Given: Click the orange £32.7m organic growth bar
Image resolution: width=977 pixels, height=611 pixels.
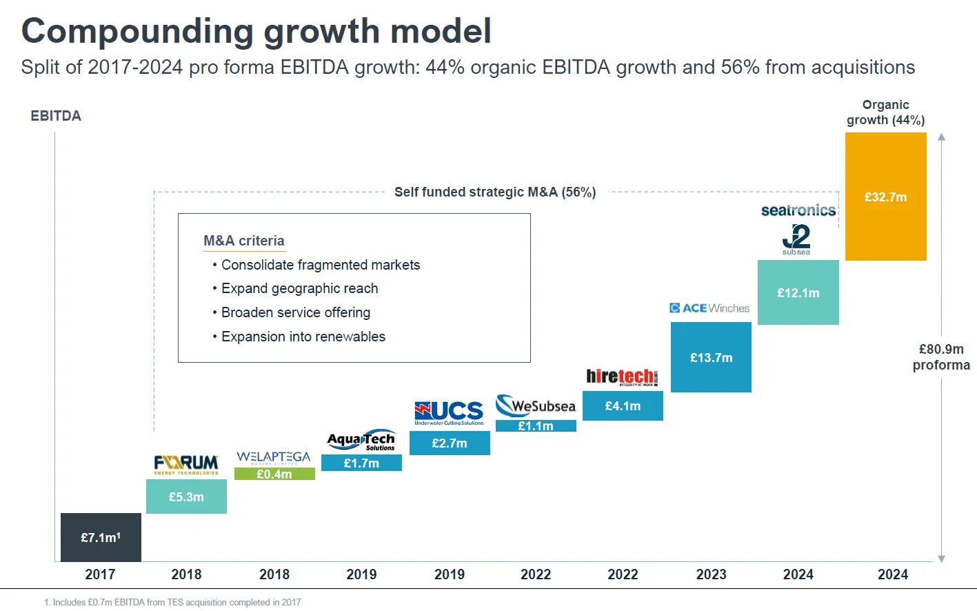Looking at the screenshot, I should tap(885, 197).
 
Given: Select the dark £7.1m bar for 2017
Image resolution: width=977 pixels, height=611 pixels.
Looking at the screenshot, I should tap(101, 537).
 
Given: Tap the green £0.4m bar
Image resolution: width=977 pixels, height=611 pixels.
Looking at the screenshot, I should tap(274, 474).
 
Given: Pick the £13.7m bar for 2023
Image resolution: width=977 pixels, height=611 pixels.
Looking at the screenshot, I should tap(711, 357).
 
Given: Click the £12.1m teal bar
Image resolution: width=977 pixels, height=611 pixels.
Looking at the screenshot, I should tap(798, 292).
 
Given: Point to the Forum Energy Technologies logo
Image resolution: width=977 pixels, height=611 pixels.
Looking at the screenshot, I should tap(186, 465).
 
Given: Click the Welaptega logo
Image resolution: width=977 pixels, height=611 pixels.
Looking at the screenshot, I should tap(274, 458).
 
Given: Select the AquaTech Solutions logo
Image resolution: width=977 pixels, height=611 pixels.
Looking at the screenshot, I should tap(361, 441).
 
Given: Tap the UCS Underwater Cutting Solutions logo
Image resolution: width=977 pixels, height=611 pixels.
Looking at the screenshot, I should tap(450, 412).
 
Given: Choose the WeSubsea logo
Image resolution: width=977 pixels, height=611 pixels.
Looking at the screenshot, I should tap(536, 405).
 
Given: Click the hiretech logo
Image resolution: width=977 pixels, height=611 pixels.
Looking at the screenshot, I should tap(622, 377).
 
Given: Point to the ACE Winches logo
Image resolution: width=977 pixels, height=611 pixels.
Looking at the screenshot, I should tap(709, 308).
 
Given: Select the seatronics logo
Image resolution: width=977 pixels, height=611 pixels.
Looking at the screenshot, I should tap(798, 210).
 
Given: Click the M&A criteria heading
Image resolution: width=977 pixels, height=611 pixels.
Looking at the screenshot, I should tap(244, 241).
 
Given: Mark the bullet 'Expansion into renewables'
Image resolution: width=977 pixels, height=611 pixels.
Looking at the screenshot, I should tap(303, 337).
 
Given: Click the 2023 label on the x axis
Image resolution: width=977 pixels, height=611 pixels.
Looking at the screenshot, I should tap(711, 574).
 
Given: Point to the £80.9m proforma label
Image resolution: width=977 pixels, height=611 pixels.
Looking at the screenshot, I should tap(941, 357).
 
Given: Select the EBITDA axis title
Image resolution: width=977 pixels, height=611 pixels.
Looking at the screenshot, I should tap(56, 116).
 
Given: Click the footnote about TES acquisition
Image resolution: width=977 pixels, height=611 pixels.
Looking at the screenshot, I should tap(172, 602).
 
